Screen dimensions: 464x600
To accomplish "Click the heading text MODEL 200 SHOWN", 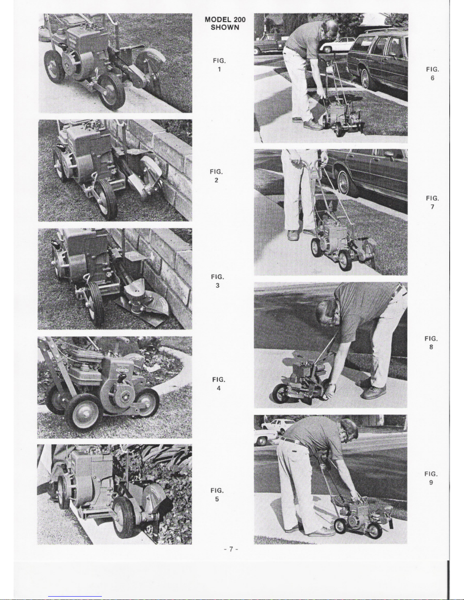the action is point(225,23).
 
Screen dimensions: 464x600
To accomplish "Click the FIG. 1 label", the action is point(219,65).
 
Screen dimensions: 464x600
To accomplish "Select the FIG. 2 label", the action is point(216,176).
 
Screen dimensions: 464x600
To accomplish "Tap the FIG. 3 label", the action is point(218,281).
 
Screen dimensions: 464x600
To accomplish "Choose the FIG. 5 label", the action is point(217,495).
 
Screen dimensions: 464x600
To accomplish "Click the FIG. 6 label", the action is point(433,74).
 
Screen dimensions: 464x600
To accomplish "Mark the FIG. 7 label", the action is point(433,203).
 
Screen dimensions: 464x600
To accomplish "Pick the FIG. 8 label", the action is point(431,343).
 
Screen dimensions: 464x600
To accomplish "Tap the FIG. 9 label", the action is point(431,478).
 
